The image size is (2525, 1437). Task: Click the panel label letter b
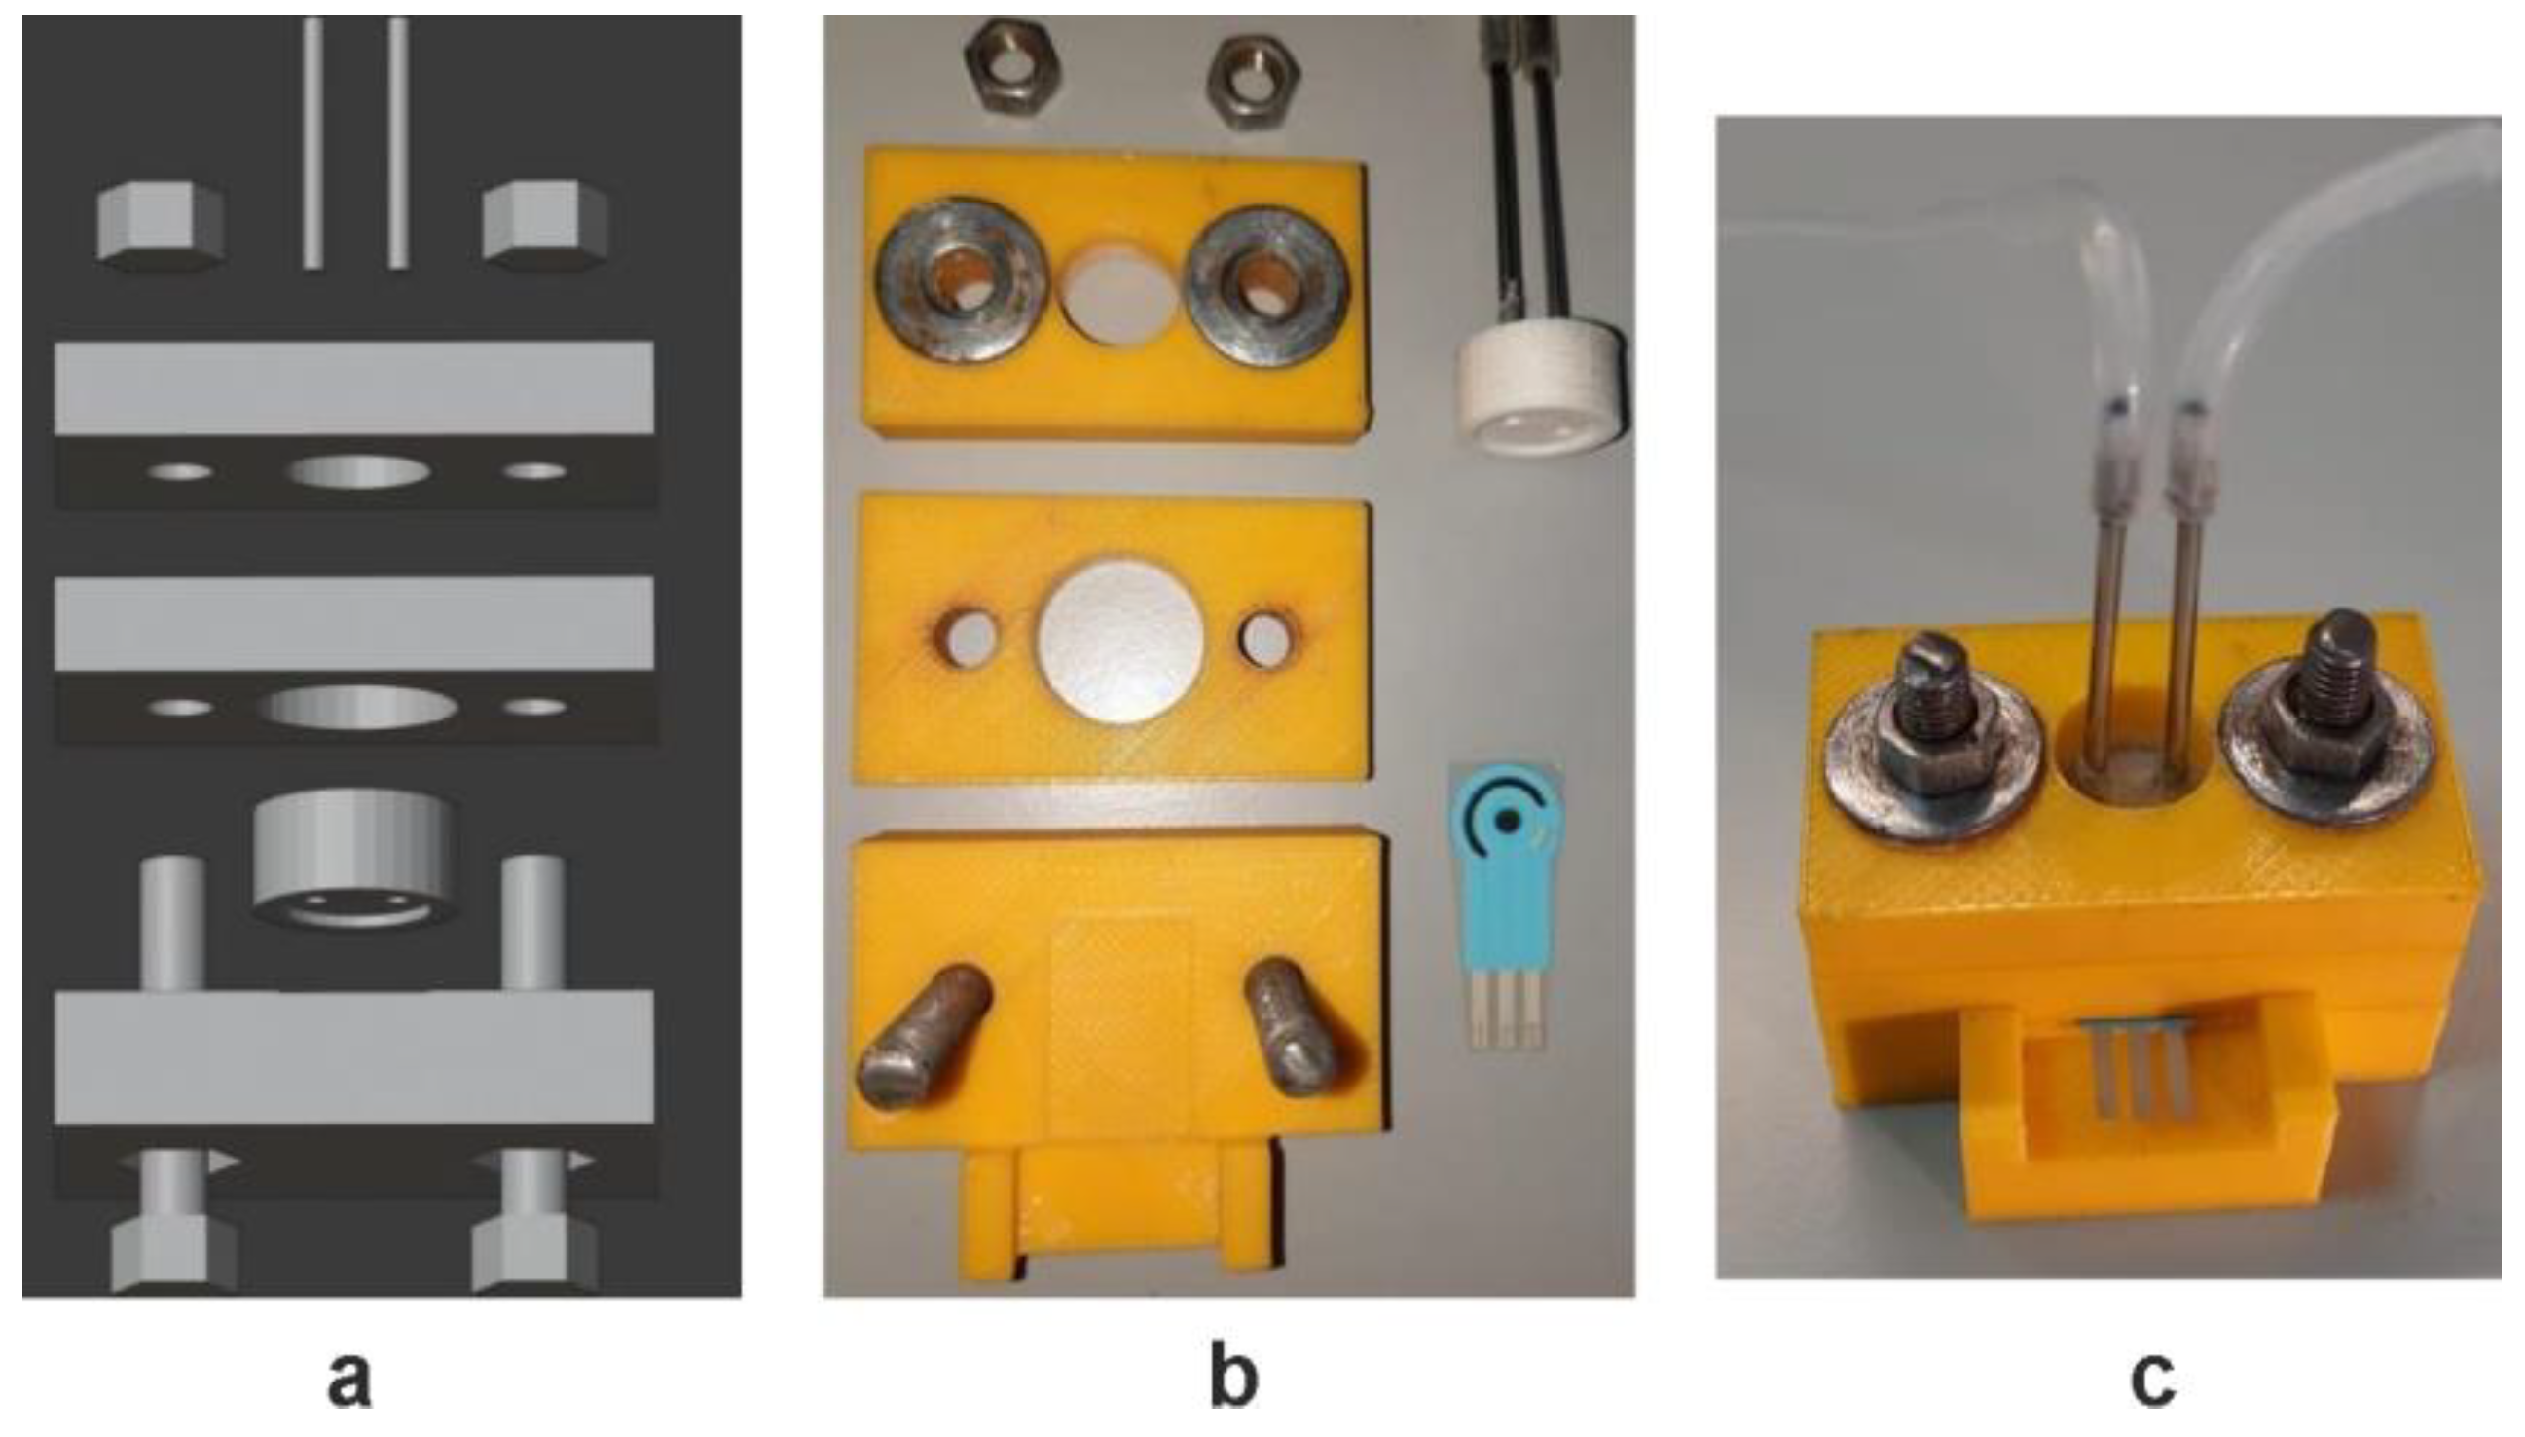(x=1232, y=1379)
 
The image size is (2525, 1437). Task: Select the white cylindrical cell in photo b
(x=1541, y=394)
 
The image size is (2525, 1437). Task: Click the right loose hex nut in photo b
(x=1254, y=85)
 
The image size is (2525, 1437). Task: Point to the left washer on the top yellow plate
(x=963, y=281)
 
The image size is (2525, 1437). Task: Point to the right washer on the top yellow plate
(x=1267, y=284)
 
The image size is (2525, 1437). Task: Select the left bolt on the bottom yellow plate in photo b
(x=925, y=1036)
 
